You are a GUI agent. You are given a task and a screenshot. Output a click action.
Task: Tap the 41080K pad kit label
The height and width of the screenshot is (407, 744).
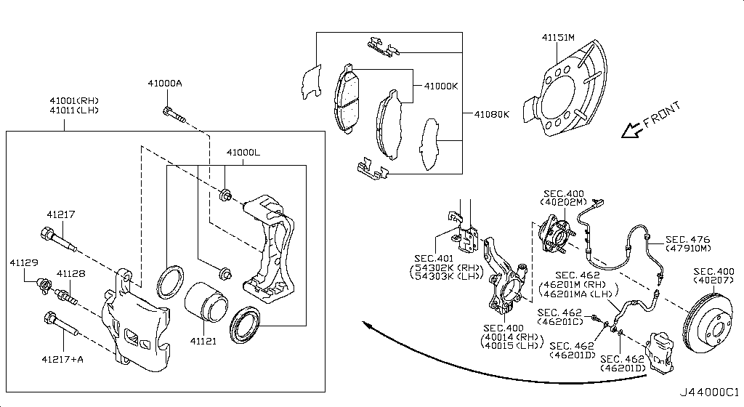[x=492, y=115]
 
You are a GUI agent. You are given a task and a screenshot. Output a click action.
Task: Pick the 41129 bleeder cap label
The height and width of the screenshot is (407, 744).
[x=23, y=261]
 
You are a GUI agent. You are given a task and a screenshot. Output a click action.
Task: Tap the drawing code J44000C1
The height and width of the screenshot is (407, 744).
[x=710, y=393]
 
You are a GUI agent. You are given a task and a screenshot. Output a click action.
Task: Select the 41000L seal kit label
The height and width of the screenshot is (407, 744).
[x=243, y=153]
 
